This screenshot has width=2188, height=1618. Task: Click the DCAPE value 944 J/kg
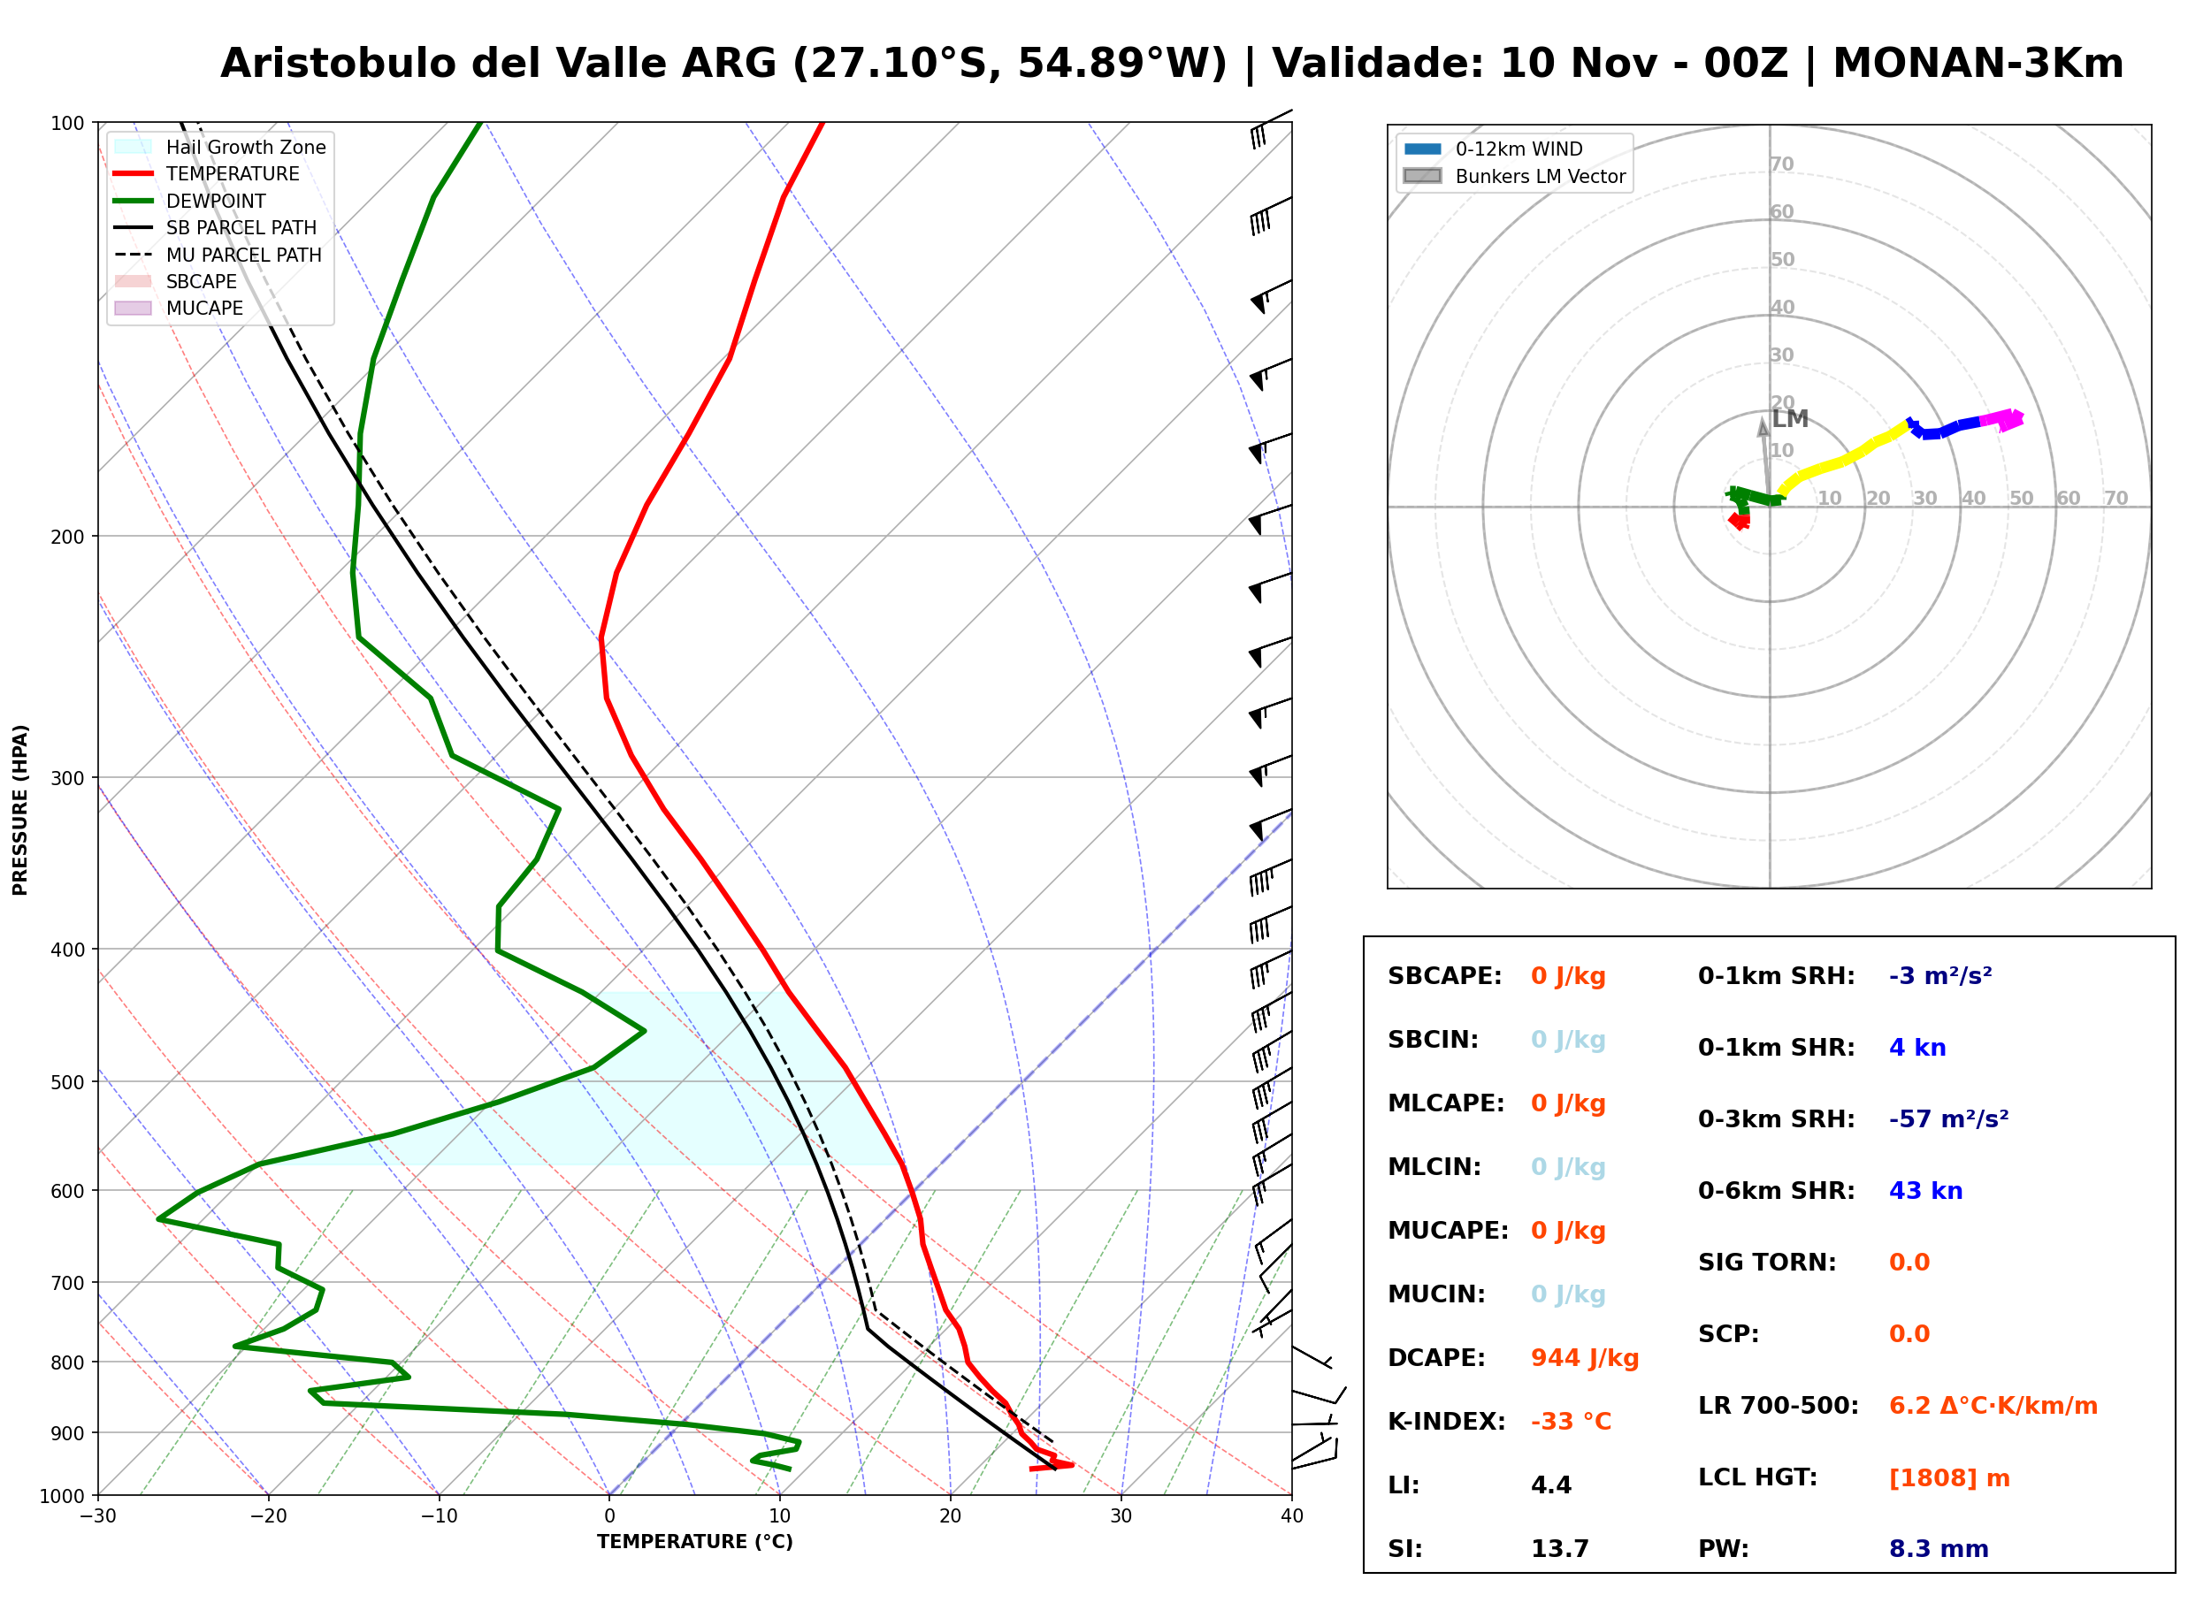tap(1584, 1357)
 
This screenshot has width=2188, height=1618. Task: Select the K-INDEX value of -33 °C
tap(1570, 1421)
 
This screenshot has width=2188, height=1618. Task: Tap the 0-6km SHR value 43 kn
tap(1924, 1191)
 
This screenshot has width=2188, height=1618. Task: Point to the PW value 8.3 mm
tap(1937, 1548)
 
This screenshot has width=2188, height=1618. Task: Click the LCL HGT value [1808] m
tap(1948, 1478)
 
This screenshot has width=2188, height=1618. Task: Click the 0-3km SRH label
tap(1776, 1118)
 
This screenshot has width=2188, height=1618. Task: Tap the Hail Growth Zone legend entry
tap(220, 147)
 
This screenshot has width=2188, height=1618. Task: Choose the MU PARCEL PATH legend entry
tap(218, 255)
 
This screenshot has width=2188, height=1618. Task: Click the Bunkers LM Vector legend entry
tap(1514, 176)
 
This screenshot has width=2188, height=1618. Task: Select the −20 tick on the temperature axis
tap(268, 1516)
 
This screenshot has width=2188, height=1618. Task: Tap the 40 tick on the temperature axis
tap(1291, 1516)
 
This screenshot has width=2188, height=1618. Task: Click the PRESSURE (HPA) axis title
tap(20, 810)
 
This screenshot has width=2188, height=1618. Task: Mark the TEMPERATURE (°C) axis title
tap(694, 1542)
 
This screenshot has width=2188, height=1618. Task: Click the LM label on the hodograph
tap(1789, 419)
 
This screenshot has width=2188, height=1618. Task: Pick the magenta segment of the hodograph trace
tap(2001, 419)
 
